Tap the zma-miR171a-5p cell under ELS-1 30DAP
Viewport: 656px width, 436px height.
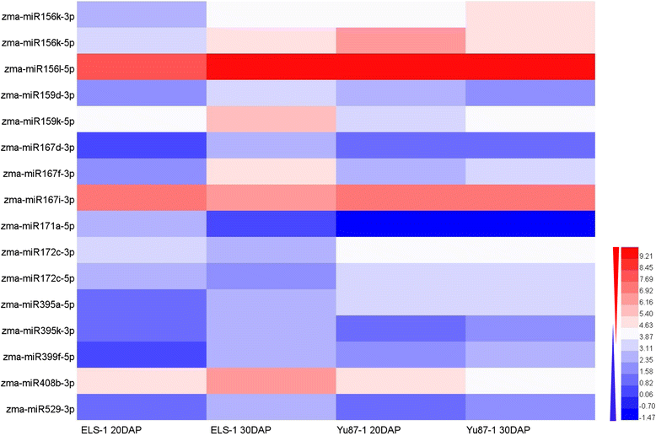tap(272, 226)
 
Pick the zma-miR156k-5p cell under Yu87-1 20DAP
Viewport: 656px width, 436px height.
tap(401, 40)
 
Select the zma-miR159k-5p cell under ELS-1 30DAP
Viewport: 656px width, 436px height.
tap(272, 120)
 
